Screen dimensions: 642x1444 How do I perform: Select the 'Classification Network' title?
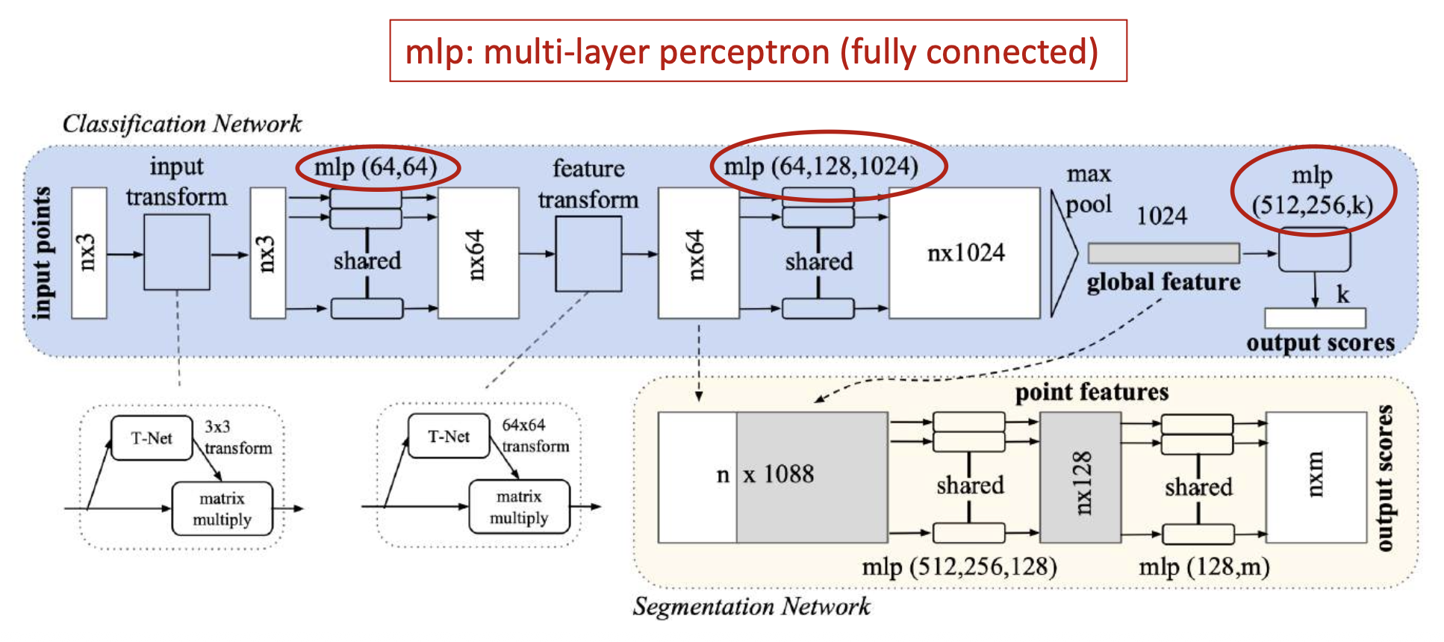click(181, 123)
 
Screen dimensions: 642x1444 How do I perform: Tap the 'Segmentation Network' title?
click(751, 606)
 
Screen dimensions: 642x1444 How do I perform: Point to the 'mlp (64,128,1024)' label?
click(821, 166)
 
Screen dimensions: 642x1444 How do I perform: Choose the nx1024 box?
click(965, 253)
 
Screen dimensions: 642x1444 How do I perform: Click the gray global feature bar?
click(1163, 253)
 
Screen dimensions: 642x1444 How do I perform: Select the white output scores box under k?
click(1315, 318)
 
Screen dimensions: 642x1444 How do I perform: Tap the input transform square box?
click(176, 252)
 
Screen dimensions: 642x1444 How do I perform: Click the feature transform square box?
click(588, 254)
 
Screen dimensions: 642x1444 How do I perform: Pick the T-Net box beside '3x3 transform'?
click(152, 438)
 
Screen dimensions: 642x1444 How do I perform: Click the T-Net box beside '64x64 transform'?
click(449, 437)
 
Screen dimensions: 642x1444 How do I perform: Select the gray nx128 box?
click(1080, 478)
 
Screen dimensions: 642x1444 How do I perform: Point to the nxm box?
click(1316, 478)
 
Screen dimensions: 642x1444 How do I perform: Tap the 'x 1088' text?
click(778, 475)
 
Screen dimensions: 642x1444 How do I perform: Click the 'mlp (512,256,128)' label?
click(959, 567)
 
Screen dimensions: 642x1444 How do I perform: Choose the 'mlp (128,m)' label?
click(1204, 567)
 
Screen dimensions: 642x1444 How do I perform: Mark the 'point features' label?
click(1091, 393)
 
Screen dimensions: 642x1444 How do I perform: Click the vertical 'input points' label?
click(43, 253)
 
